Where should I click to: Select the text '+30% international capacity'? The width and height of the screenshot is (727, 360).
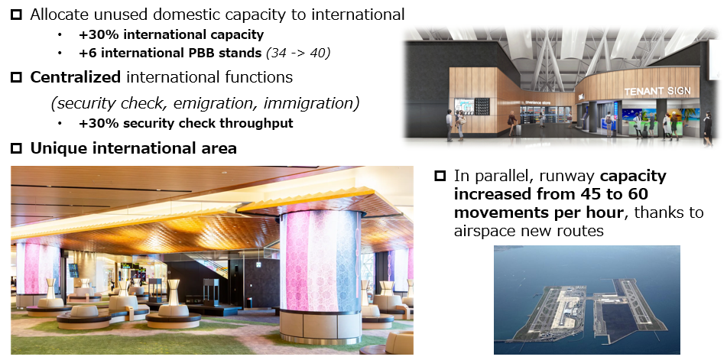point(170,34)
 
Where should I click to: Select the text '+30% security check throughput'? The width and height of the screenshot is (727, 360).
point(185,124)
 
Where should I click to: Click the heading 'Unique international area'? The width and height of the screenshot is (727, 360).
point(133,148)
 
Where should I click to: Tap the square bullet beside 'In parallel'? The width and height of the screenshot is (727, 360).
point(440,177)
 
